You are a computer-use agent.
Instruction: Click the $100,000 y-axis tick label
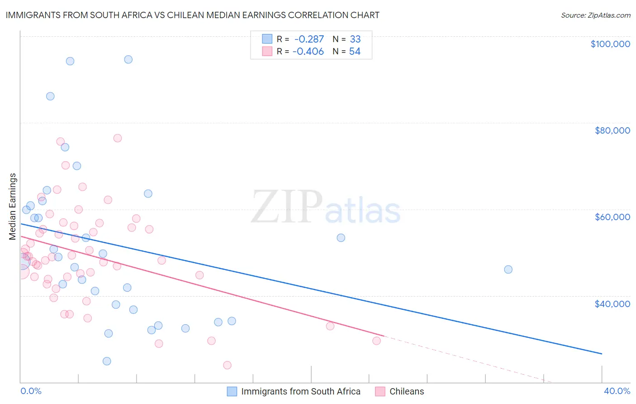click(610, 44)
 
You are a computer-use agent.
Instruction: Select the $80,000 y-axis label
click(612, 130)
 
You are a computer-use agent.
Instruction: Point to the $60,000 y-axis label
click(612, 217)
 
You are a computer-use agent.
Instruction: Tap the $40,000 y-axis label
click(612, 303)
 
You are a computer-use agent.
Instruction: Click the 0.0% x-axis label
click(31, 391)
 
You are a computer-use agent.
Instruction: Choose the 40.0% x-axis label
click(617, 391)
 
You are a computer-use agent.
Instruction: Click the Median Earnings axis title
click(13, 206)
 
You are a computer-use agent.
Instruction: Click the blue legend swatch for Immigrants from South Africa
click(232, 391)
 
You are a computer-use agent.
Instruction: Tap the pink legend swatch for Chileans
click(380, 391)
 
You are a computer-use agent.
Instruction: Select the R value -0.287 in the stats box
click(309, 39)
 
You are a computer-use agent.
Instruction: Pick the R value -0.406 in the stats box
click(308, 52)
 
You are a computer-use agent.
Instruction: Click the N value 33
click(355, 39)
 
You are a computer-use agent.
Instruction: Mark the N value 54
click(355, 52)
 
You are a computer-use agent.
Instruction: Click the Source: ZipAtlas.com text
click(595, 15)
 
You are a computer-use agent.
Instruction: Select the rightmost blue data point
click(508, 269)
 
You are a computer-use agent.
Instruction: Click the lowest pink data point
click(227, 365)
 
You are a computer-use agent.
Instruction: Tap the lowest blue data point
click(107, 361)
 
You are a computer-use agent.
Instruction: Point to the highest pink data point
click(118, 138)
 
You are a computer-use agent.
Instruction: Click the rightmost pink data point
click(376, 341)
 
